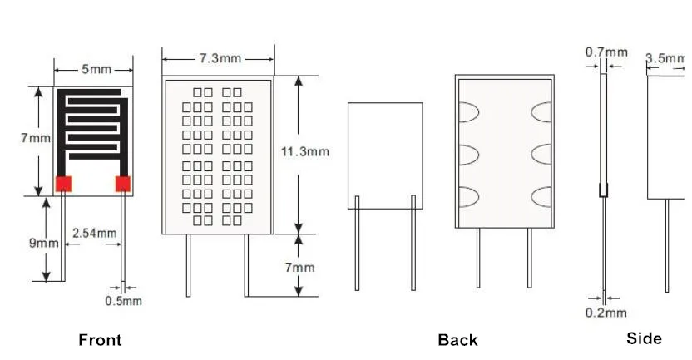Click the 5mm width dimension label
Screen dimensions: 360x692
point(96,70)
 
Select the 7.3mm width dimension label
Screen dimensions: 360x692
point(219,58)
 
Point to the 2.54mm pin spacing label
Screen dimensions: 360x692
point(94,233)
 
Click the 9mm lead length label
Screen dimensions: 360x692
point(44,243)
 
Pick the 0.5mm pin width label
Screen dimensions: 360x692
point(123,301)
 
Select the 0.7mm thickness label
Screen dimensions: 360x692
point(606,52)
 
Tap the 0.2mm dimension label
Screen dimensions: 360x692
point(606,313)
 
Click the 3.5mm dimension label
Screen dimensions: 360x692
point(665,58)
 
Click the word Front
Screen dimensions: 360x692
point(100,339)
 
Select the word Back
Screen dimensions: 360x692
point(457,339)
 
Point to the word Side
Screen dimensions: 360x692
point(644,338)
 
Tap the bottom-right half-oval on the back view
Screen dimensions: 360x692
point(542,197)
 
